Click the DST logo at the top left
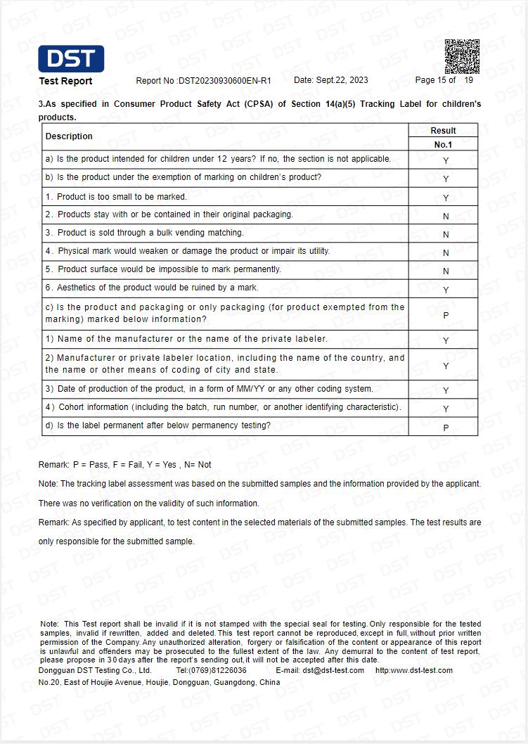tap(71, 59)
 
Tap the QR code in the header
tap(462, 56)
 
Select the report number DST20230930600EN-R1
tap(224, 81)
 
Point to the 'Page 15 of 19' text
tap(444, 80)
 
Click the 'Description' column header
tap(69, 136)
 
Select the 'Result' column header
tap(443, 131)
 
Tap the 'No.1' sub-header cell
tap(443, 145)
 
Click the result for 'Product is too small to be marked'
tap(446, 198)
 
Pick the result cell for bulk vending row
tap(446, 235)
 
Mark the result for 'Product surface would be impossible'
tap(446, 271)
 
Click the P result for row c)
tap(446, 316)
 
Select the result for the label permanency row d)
tap(446, 428)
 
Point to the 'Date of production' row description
tap(210, 389)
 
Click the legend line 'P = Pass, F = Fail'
tap(124, 465)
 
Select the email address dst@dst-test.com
tap(333, 670)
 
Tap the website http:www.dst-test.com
tap(414, 670)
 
